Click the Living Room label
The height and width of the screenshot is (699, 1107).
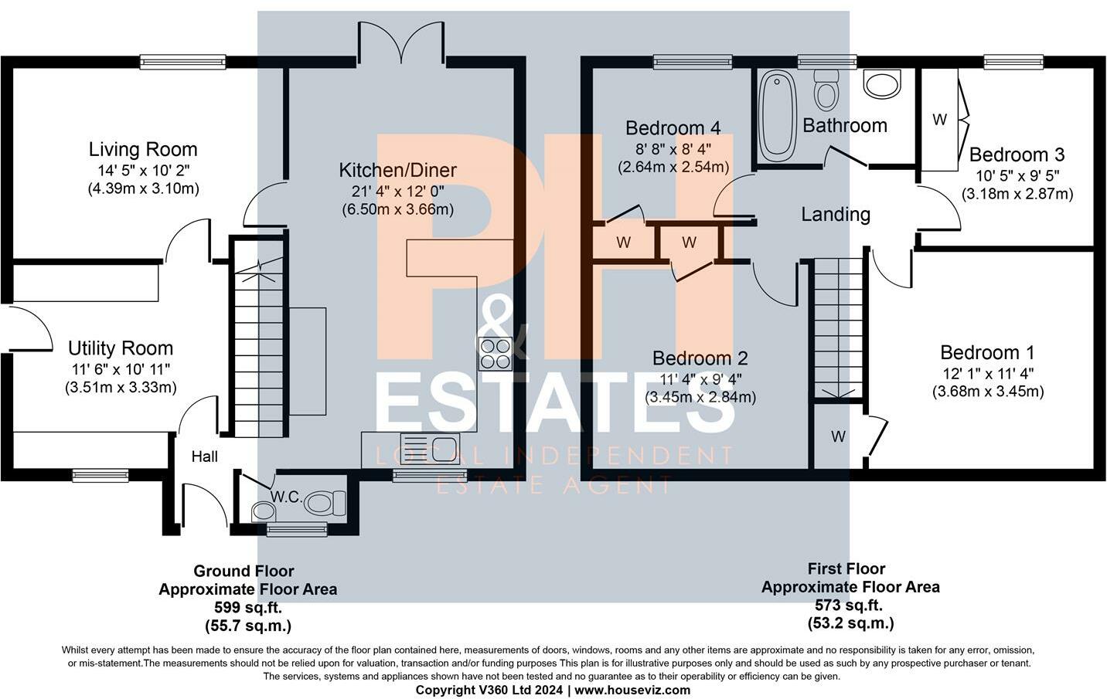(143, 149)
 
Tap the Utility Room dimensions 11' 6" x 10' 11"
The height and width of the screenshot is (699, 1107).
(121, 369)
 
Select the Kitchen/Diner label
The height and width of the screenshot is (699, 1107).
(398, 170)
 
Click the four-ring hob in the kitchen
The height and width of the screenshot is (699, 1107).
(496, 354)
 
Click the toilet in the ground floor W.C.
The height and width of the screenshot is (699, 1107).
(325, 504)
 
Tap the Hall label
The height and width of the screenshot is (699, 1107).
(205, 456)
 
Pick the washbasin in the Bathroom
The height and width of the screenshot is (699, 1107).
(882, 83)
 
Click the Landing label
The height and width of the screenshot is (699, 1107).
(836, 215)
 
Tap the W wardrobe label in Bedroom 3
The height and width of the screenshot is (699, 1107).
(939, 120)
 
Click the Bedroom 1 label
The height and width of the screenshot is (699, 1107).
(987, 352)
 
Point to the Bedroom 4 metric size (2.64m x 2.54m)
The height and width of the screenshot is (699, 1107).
(673, 167)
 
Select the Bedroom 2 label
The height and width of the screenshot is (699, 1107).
(700, 358)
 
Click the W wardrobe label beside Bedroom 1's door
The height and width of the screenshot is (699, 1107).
(838, 436)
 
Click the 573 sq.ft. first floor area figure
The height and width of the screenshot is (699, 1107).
(849, 605)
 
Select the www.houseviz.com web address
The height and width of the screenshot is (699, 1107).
(632, 690)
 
